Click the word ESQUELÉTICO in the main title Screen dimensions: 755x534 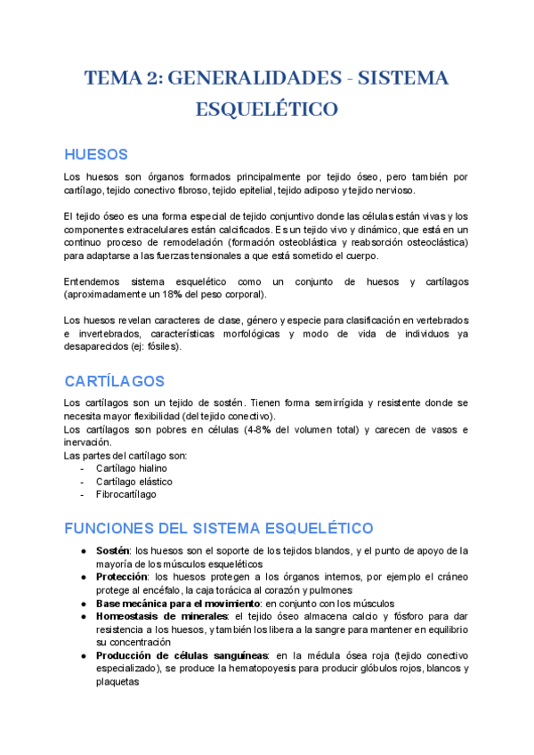tap(267, 110)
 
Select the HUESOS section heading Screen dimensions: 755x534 tap(96, 154)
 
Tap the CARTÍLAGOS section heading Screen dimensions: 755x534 tap(115, 381)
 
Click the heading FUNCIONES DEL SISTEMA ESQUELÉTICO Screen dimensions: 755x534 tap(219, 528)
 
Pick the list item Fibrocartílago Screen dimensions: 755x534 tap(125, 494)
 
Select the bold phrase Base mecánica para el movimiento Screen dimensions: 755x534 tap(171, 603)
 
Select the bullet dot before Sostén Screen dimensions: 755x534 tap(84, 551)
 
